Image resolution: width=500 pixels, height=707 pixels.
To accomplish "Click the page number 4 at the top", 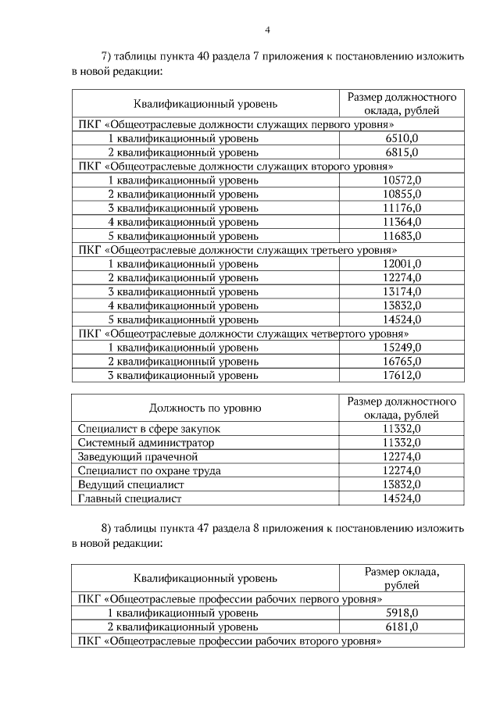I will pos(267,30).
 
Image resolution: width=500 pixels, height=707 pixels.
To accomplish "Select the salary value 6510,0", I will pos(402,138).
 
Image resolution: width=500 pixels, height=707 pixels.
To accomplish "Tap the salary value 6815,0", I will pos(402,152).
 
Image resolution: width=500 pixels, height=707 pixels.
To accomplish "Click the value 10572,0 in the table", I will pos(402,180).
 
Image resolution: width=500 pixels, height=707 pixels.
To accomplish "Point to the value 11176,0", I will pos(402,208).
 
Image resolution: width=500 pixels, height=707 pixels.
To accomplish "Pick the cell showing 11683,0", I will pos(402,236).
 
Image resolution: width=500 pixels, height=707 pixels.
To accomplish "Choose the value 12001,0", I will pos(402,263).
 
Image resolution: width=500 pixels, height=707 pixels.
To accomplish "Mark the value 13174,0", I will pos(402,291).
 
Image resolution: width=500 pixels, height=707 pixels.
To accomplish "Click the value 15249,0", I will pos(402,347).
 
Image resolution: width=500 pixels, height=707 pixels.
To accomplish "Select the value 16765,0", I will pos(402,361).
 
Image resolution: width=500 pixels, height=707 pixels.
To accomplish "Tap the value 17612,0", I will pos(402,375).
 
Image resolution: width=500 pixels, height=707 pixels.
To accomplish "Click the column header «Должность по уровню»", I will pos(205,408).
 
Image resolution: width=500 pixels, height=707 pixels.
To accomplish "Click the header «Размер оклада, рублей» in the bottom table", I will pos(402,578).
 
